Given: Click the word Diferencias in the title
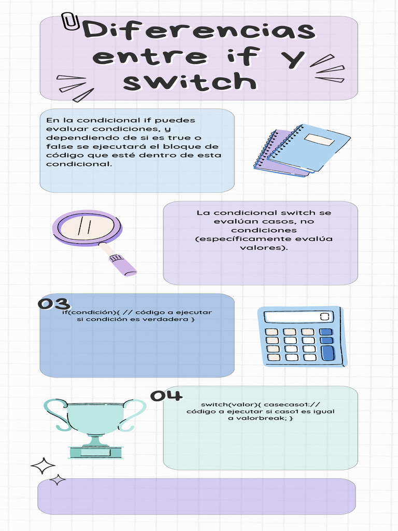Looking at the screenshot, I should [199, 31].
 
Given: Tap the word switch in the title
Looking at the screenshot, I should [190, 81].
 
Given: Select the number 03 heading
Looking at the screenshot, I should [53, 304].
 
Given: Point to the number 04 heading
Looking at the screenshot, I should [166, 396].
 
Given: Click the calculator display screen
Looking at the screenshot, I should [298, 317].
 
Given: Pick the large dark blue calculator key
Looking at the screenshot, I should [328, 353].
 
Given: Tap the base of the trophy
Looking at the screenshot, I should [96, 452].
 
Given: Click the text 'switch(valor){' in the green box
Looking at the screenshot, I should [226, 404].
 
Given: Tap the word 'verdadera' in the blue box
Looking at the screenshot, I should [168, 319].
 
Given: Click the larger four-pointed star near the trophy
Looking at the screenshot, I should [43, 466].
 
